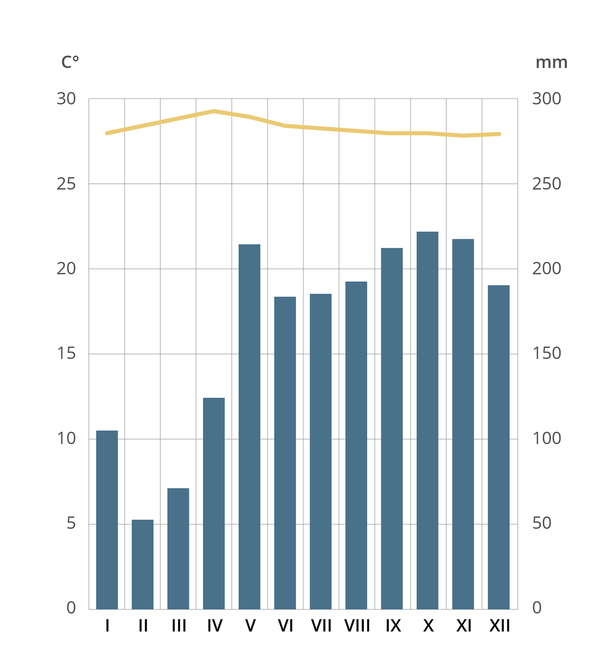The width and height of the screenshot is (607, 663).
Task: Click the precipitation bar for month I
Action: [x=107, y=520]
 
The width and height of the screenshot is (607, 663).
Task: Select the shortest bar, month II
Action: [x=143, y=564]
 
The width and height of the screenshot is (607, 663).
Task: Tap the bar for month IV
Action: [x=214, y=503]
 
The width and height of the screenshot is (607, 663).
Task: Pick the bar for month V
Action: [x=249, y=427]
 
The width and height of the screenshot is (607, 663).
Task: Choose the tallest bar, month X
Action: [x=428, y=420]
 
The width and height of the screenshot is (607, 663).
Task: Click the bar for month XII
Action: [x=498, y=447]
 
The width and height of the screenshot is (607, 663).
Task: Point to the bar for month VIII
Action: [x=356, y=445]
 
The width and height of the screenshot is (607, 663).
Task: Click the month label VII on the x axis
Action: [x=321, y=626]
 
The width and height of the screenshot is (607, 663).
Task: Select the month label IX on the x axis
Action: [x=393, y=626]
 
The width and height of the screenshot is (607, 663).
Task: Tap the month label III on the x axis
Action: [x=179, y=626]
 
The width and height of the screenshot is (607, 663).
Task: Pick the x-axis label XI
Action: [x=464, y=626]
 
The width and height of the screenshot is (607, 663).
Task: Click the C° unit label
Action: [x=70, y=62]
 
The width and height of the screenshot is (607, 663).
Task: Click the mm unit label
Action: [x=551, y=62]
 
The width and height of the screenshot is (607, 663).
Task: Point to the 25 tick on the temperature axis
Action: [x=66, y=184]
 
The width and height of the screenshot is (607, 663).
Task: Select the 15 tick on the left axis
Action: [x=66, y=353]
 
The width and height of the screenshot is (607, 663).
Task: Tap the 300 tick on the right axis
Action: [x=547, y=99]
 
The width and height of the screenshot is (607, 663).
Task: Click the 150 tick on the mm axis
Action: [x=547, y=353]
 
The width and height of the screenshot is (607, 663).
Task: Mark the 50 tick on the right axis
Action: [x=542, y=523]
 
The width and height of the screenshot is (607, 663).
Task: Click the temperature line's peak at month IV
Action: [x=214, y=111]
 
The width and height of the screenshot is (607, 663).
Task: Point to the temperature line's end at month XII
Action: [x=499, y=134]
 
